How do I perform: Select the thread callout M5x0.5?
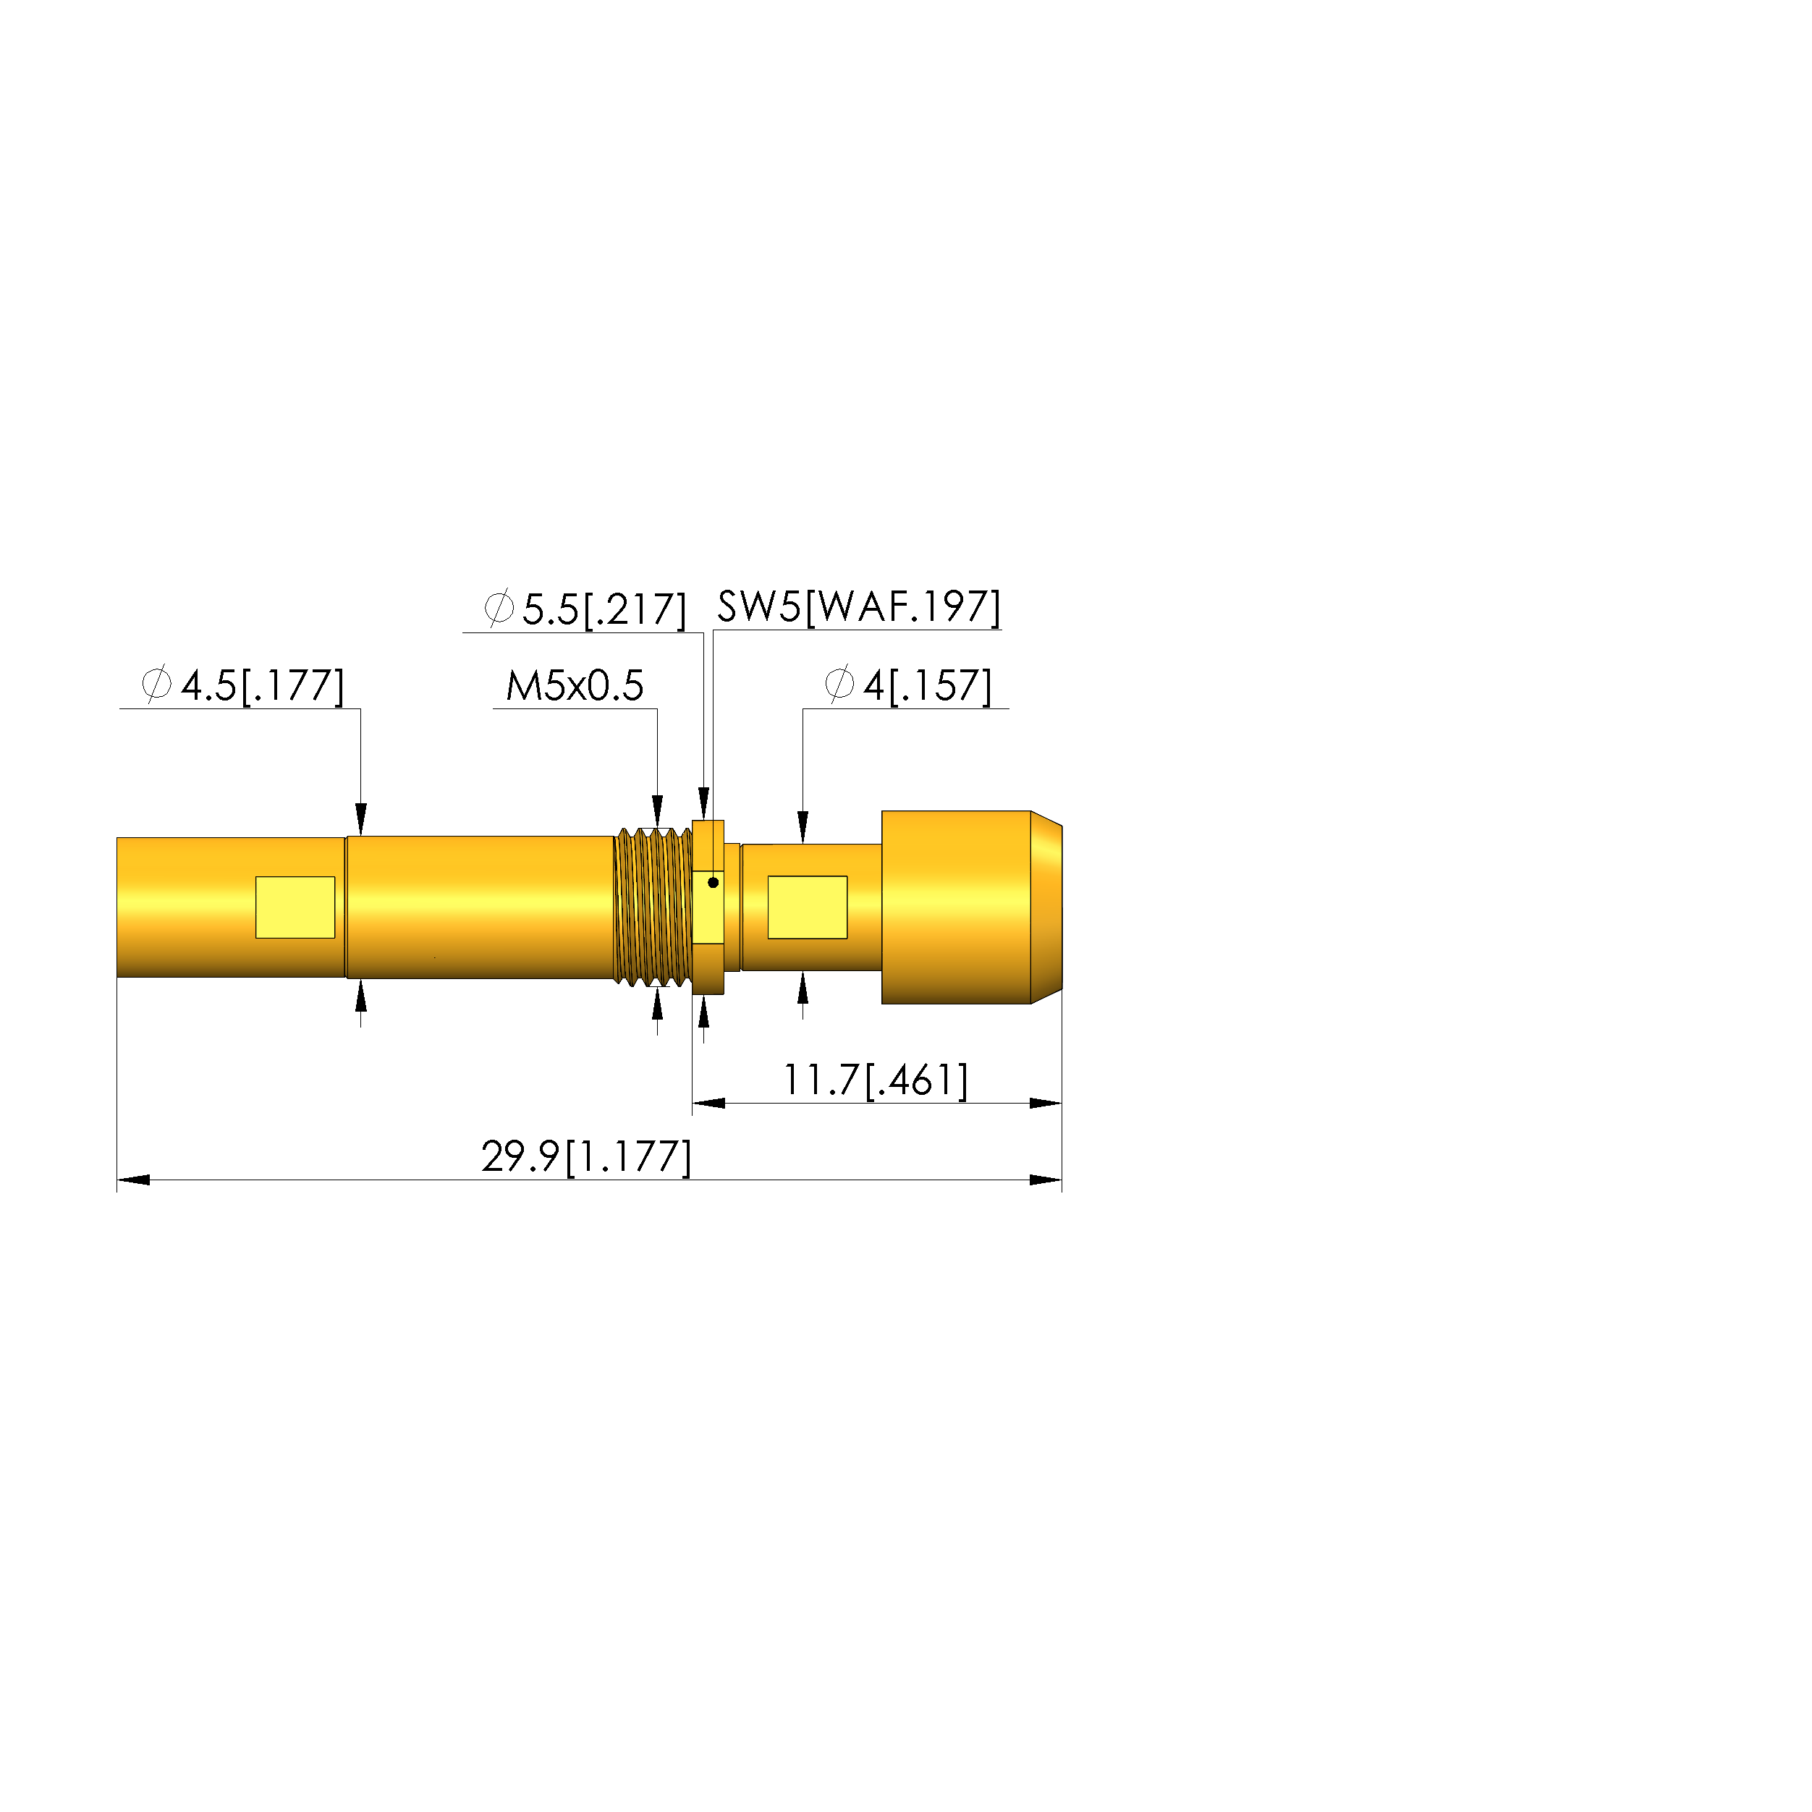point(575,685)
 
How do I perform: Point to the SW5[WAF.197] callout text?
point(858,607)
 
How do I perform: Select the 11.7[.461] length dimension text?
point(875,1080)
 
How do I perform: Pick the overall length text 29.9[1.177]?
point(586,1156)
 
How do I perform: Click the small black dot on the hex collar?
point(713,883)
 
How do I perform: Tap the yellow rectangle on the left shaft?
point(295,907)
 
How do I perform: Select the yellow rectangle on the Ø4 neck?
point(808,907)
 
